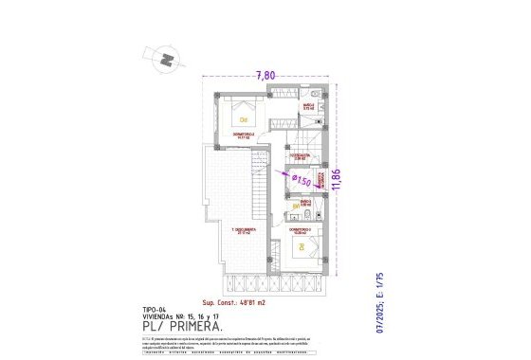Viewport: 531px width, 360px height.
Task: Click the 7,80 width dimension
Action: pos(266,76)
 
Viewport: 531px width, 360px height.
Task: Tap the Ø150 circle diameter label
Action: pos(302,179)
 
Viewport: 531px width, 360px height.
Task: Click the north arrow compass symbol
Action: pos(167,59)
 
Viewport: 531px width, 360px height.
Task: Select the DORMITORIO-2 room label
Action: pos(244,135)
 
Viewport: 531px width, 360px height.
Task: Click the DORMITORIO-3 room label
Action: pos(301,230)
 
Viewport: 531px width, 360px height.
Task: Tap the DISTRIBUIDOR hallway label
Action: pos(300,155)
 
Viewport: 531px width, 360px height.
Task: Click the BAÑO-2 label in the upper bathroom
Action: pos(308,108)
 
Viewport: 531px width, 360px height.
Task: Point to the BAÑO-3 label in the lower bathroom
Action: pos(306,202)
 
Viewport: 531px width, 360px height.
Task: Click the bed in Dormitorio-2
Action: pos(245,115)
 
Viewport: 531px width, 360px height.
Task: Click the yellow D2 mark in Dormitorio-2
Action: pos(244,119)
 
